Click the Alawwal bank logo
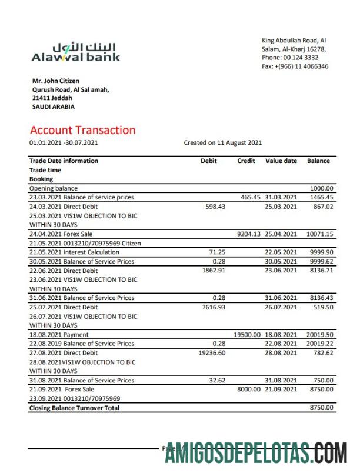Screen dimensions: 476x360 pyautogui.click(x=75, y=52)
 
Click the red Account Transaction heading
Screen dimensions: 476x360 pyautogui.click(x=82, y=130)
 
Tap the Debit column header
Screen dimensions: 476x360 pyautogui.click(x=209, y=161)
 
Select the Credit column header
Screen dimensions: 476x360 pyautogui.click(x=246, y=161)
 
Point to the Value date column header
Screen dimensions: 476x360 pyautogui.click(x=281, y=161)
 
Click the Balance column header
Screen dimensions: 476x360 pyautogui.click(x=318, y=161)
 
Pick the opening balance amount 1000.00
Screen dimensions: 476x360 pyautogui.click(x=322, y=188)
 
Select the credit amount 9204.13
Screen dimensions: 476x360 pyautogui.click(x=249, y=234)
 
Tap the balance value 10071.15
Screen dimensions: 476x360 pyautogui.click(x=319, y=234)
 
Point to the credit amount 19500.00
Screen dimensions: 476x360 pyautogui.click(x=247, y=334)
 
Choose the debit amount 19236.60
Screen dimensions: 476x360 pyautogui.click(x=212, y=352)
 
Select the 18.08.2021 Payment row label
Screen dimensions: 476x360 pyautogui.click(x=59, y=334)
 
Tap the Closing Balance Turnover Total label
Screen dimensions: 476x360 pyautogui.click(x=74, y=408)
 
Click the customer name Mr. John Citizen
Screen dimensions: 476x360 pyautogui.click(x=56, y=81)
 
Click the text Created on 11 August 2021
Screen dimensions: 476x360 pyautogui.click(x=223, y=142)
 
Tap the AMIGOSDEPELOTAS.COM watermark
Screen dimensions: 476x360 pyautogui.click(x=255, y=453)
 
